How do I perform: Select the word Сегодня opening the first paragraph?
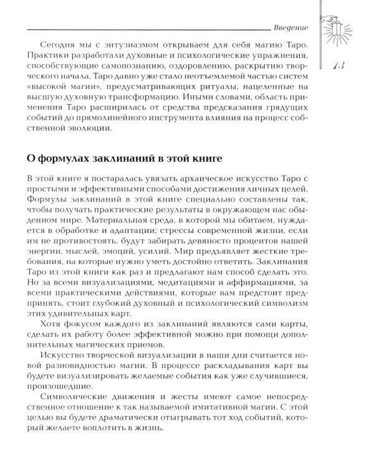pos(57,47)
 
